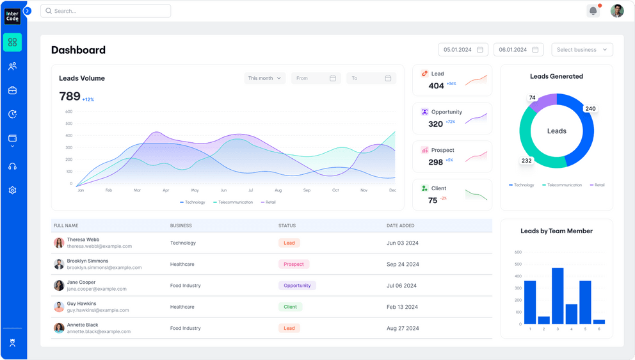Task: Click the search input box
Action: coord(106,11)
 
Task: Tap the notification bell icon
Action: coord(593,11)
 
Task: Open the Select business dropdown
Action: coord(581,50)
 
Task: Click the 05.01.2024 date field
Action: coord(463,50)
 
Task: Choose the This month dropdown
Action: coord(264,78)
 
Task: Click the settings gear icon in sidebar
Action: coord(12,190)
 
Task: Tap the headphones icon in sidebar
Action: coord(12,167)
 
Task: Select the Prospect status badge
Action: coord(294,264)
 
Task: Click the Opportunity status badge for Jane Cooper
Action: coord(297,286)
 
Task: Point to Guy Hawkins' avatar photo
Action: coord(59,307)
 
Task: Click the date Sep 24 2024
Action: coord(403,264)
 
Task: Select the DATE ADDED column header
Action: coord(400,225)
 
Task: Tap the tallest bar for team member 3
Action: coord(558,295)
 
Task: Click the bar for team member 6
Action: coord(599,322)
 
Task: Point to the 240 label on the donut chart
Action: coord(590,109)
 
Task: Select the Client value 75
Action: coord(433,200)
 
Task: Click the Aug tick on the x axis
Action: coord(278,190)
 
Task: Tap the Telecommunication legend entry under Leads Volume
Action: coord(233,202)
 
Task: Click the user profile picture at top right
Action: coord(616,11)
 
